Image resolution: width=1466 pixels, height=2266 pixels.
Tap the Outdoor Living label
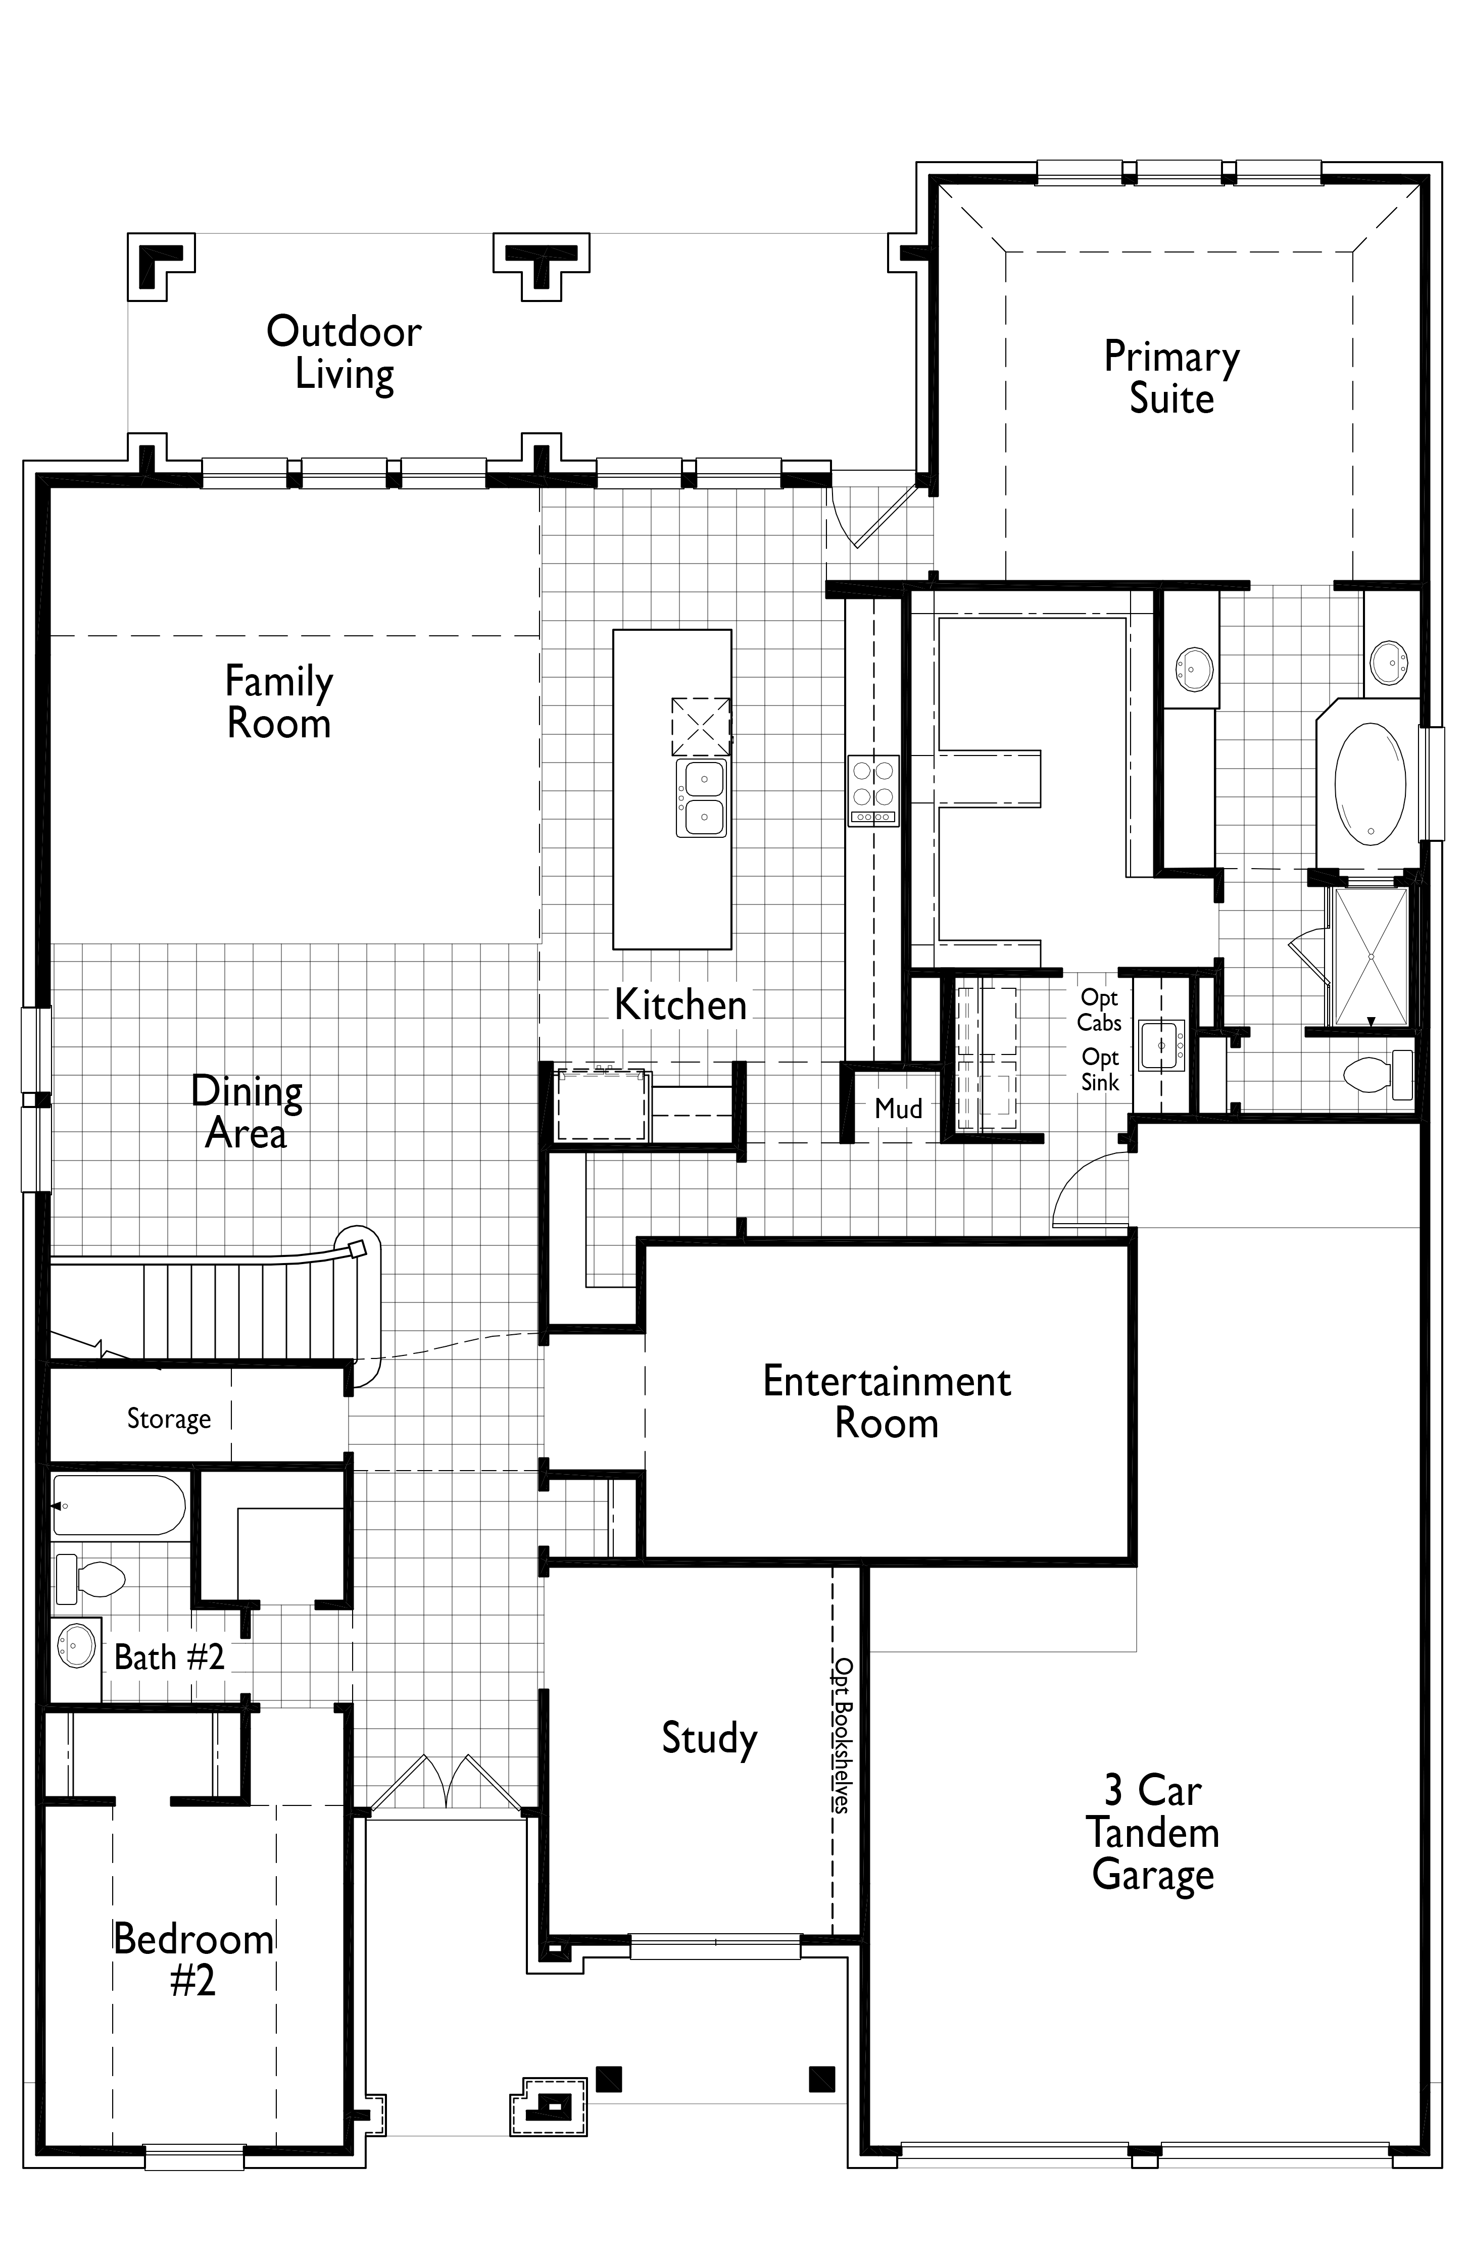click(344, 352)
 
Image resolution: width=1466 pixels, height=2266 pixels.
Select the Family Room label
click(279, 702)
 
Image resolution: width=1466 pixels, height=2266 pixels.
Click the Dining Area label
click(247, 1112)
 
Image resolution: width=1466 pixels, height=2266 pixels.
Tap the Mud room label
click(899, 1108)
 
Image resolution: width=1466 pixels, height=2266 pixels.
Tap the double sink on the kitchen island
click(702, 797)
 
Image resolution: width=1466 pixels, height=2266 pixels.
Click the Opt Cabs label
click(1099, 1010)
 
